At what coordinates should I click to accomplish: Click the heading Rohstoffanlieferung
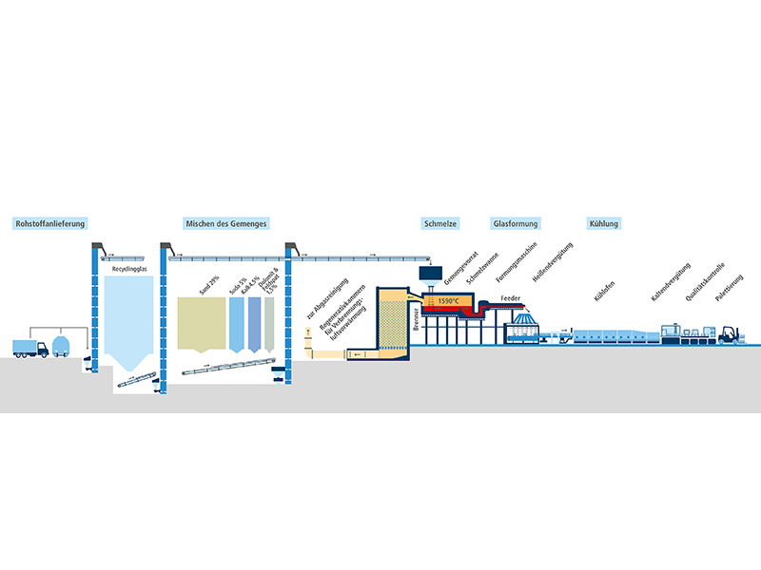[x=49, y=224]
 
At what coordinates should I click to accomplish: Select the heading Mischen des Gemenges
[x=225, y=224]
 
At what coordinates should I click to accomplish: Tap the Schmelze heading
[x=440, y=224]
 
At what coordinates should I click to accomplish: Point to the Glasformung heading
[x=516, y=224]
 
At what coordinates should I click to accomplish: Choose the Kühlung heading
[x=604, y=224]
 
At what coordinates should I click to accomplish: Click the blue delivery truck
[x=31, y=347]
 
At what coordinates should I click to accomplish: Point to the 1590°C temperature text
[x=447, y=302]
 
